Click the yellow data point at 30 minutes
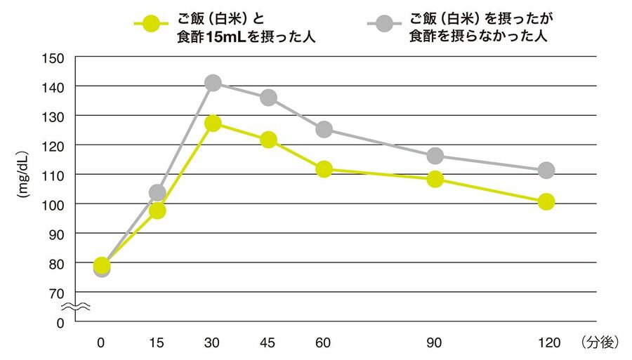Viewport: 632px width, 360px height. click(213, 124)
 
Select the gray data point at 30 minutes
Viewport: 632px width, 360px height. click(213, 83)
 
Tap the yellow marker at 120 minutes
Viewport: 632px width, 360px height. click(546, 202)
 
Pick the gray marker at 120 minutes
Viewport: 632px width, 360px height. click(546, 170)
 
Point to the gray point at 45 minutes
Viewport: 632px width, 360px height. click(268, 98)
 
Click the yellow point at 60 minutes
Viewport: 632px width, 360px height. click(324, 169)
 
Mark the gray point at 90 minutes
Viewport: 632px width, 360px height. click(435, 156)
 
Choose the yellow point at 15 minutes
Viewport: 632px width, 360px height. click(157, 211)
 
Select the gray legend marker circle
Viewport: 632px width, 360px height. click(383, 23)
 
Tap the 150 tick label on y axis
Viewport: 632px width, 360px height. click(54, 58)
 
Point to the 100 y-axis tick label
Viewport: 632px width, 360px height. click(54, 204)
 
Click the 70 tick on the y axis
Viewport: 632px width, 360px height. click(57, 293)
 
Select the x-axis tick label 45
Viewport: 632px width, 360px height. click(268, 342)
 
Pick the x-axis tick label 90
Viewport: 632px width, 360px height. click(435, 342)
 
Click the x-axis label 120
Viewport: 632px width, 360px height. click(546, 342)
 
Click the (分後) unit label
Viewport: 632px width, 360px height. click(599, 342)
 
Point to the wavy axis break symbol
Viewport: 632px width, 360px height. click(74, 307)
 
